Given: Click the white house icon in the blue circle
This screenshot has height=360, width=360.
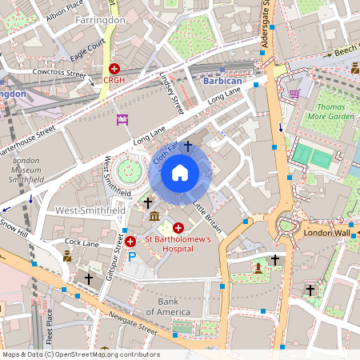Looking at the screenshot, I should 180,172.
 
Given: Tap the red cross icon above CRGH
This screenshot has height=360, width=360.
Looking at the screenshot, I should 114,70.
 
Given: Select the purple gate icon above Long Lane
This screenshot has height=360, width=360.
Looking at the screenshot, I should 122,120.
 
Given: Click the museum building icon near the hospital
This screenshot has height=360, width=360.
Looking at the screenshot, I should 154,218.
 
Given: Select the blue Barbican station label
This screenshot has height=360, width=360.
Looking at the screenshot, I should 222,82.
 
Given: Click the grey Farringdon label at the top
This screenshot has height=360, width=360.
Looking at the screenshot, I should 100,19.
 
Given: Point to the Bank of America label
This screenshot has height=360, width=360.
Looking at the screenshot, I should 167,306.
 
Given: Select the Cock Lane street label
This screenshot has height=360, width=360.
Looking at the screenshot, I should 82,242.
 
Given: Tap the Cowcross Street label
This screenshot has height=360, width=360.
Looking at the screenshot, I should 58,74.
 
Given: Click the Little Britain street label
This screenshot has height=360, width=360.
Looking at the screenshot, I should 206,215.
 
